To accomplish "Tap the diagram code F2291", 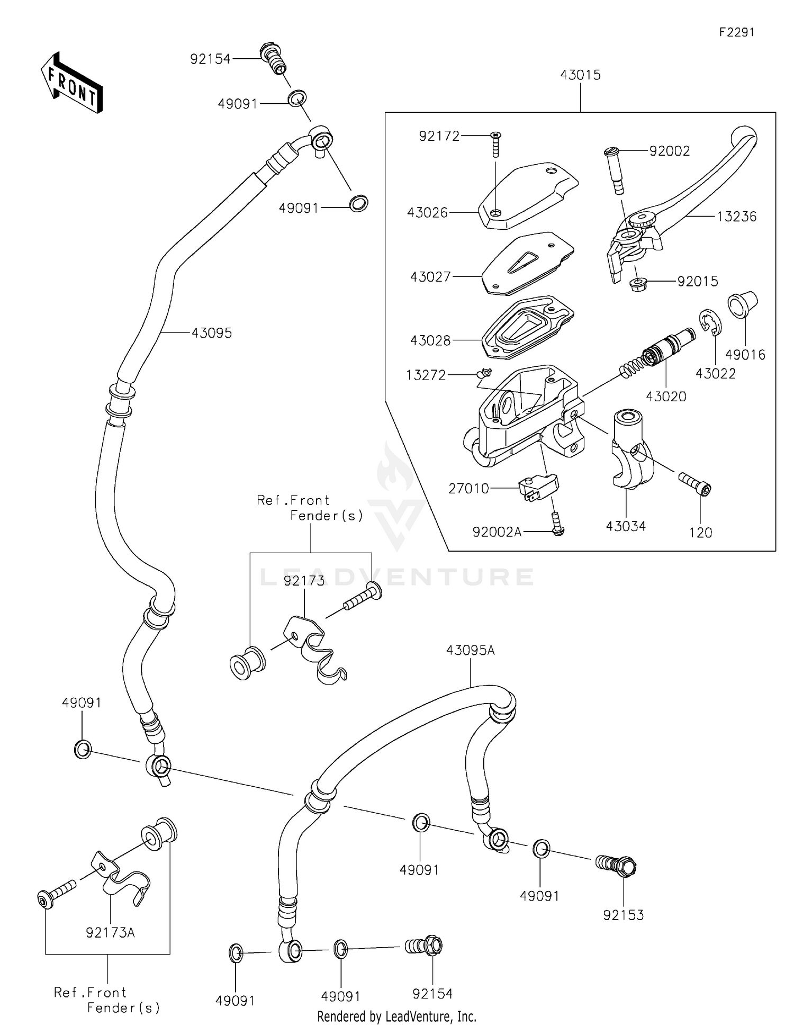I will (x=736, y=32).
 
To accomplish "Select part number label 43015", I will (x=580, y=75).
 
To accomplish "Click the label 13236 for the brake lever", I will (x=736, y=217).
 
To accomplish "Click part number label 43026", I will (x=427, y=213).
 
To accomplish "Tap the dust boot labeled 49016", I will (x=742, y=305).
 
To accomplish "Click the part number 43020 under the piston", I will (x=666, y=397).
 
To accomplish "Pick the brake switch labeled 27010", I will (x=538, y=487).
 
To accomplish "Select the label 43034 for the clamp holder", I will (x=626, y=526).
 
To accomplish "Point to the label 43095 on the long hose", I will (x=212, y=333).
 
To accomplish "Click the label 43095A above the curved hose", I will (x=470, y=650).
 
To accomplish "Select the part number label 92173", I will (x=304, y=581).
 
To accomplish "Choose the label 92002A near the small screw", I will (x=497, y=532).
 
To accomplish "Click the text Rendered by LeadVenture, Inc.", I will (x=396, y=1016).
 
